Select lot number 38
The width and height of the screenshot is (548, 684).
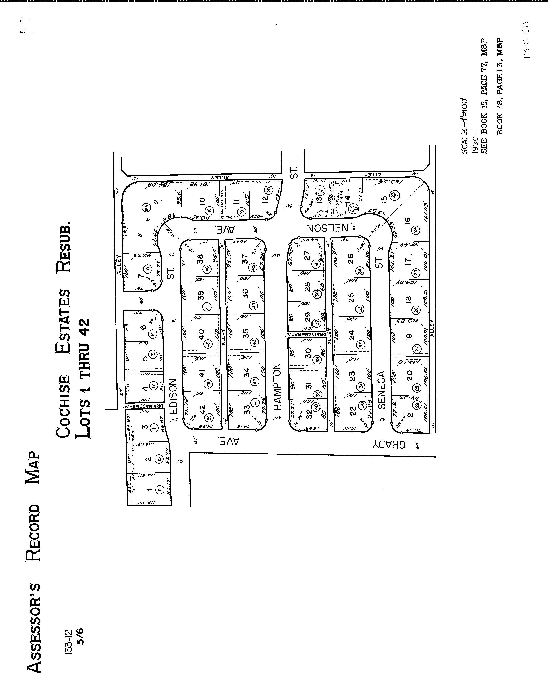200,260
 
